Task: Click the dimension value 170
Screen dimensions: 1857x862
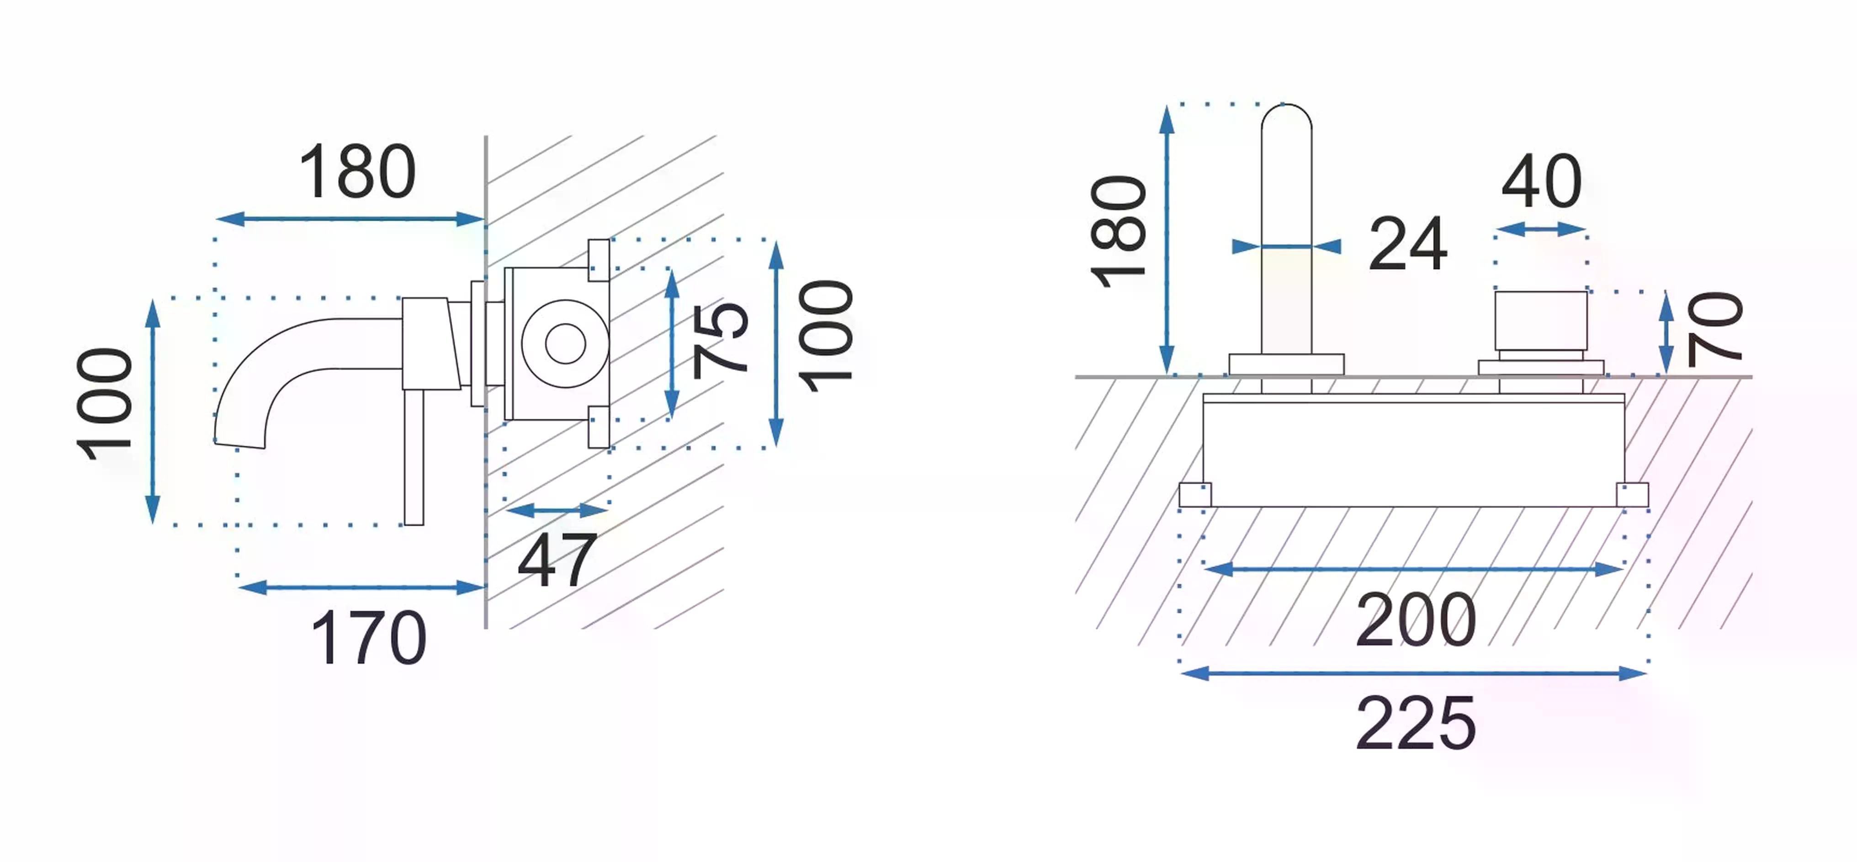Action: [x=368, y=637]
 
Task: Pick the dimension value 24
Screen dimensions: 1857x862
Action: [x=1407, y=243]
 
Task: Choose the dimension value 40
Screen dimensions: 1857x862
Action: [x=1541, y=181]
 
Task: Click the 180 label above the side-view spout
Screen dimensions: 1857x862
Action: [x=358, y=172]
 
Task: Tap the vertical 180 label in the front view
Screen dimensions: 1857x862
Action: [x=1118, y=231]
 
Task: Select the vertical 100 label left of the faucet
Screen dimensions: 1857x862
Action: [x=105, y=404]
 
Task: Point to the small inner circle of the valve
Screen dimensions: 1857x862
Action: [x=565, y=344]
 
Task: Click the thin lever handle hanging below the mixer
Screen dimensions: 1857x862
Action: [x=414, y=458]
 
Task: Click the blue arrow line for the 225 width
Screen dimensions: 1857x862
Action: [x=1414, y=674]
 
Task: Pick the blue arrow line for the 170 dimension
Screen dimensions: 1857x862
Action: [x=361, y=588]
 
